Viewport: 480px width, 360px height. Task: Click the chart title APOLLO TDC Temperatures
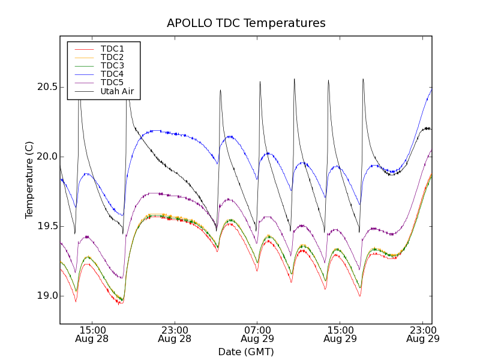(x=246, y=23)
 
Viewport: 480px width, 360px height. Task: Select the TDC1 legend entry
(x=112, y=49)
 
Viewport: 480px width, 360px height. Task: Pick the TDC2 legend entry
(x=112, y=57)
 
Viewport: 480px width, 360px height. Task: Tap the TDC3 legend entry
(x=112, y=65)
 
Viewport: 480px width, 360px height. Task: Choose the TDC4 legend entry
(x=112, y=74)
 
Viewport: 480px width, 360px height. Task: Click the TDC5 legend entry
(x=112, y=82)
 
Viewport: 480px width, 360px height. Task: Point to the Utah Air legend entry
(x=117, y=91)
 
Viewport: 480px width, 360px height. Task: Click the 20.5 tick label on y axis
(x=47, y=87)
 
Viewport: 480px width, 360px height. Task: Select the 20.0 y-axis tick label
(x=47, y=157)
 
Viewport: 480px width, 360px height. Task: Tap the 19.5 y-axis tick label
(x=47, y=226)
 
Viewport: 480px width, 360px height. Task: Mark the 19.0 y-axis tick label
(x=47, y=296)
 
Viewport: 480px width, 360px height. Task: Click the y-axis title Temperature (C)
(x=29, y=180)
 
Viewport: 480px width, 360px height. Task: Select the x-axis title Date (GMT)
(x=246, y=352)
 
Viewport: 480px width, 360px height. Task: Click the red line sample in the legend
(x=83, y=49)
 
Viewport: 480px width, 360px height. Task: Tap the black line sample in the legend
(x=83, y=91)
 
